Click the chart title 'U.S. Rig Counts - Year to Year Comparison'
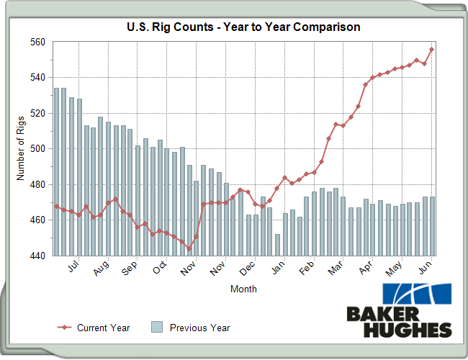click(243, 27)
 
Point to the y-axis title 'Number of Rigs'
click(21, 148)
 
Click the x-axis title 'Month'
click(243, 289)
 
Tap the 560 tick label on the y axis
click(37, 42)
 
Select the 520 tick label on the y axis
click(37, 114)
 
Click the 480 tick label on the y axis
click(37, 185)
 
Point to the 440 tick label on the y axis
click(37, 256)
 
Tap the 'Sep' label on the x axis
click(130, 269)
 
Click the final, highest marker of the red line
click(432, 50)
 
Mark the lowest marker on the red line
click(189, 248)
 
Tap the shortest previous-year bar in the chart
click(277, 245)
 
